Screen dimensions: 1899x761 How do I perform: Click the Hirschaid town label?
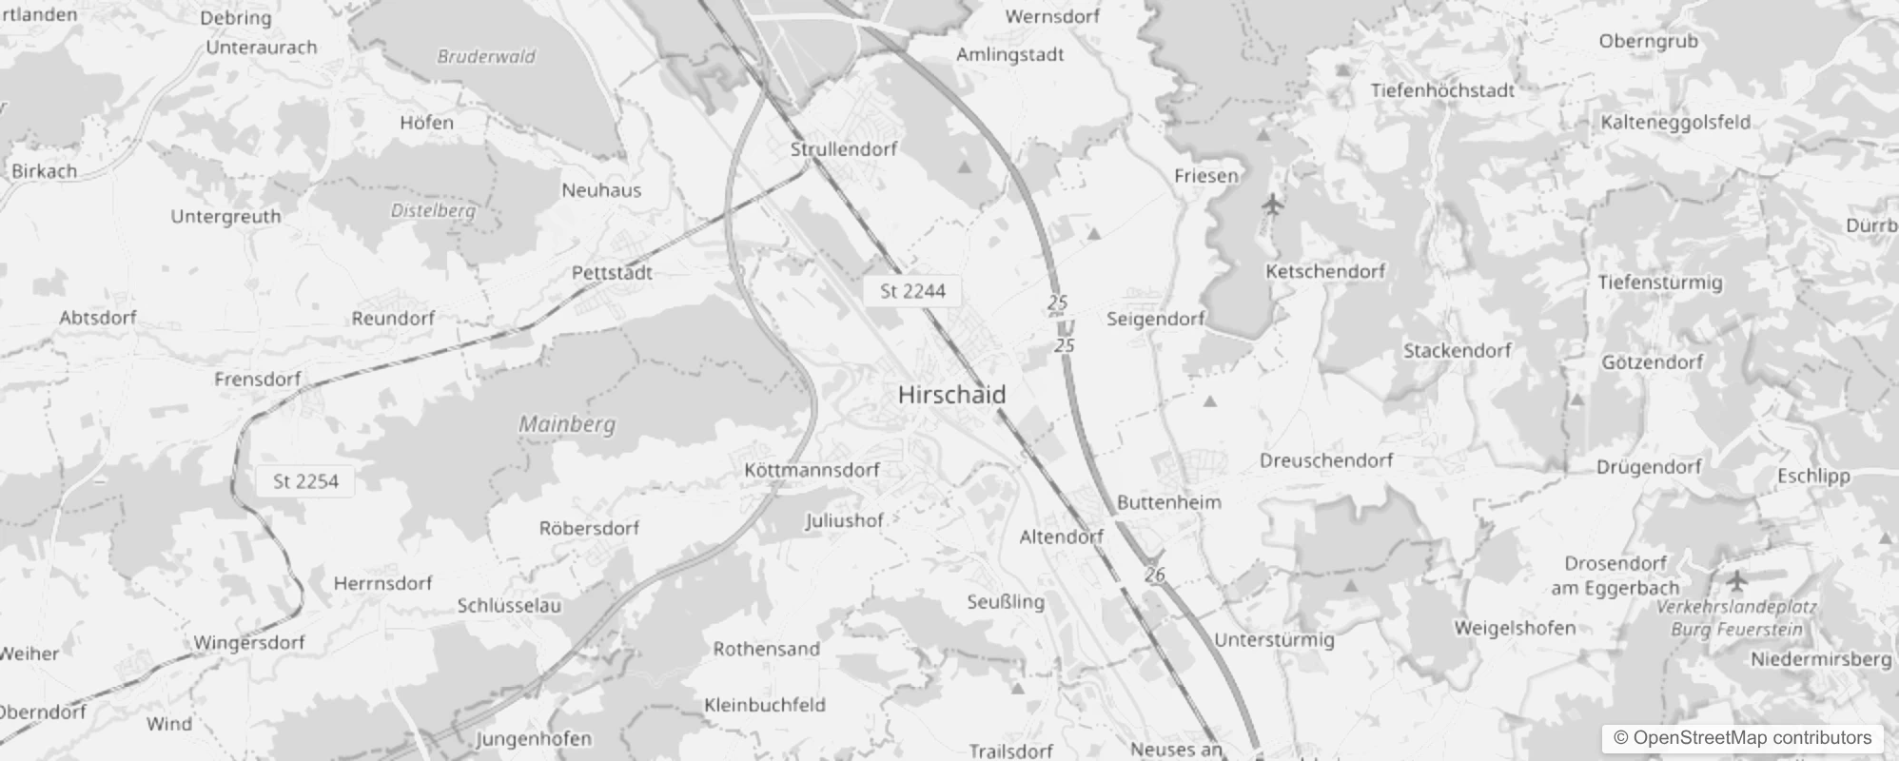click(951, 395)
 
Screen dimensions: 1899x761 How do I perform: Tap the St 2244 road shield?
click(912, 291)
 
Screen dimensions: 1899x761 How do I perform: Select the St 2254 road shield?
click(305, 481)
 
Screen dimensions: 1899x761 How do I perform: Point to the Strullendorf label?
click(844, 149)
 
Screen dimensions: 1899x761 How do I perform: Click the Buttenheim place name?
click(1168, 502)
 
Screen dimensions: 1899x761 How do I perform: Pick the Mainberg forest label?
click(567, 424)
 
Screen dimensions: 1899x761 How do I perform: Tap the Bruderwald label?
click(486, 56)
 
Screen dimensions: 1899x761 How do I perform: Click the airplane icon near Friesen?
click(1273, 204)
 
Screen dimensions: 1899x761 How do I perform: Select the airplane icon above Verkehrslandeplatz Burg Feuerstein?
click(1737, 578)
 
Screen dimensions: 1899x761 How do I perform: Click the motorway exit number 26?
click(1155, 575)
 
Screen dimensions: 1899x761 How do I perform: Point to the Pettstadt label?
click(612, 273)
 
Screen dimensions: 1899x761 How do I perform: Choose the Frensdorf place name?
click(257, 380)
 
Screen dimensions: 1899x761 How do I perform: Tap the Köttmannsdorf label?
click(812, 470)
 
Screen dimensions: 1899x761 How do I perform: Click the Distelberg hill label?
click(433, 210)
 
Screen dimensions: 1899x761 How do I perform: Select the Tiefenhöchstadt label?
click(1442, 90)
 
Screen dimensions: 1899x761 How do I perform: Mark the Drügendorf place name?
click(1649, 467)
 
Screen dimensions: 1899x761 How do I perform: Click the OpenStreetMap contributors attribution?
click(1742, 737)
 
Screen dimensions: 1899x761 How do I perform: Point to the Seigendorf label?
click(1155, 319)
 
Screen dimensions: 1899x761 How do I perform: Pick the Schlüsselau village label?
click(509, 606)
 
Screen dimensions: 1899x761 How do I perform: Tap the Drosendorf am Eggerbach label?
click(1615, 576)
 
